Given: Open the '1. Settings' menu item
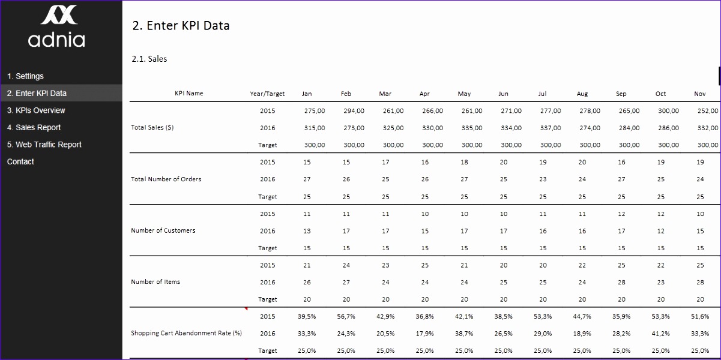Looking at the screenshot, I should pyautogui.click(x=25, y=76).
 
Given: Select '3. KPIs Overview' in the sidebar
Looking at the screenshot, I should pyautogui.click(x=36, y=110).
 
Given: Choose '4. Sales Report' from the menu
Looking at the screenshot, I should pyautogui.click(x=34, y=127).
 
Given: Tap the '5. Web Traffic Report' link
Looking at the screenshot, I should pyautogui.click(x=44, y=145).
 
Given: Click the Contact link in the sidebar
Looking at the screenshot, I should pyautogui.click(x=20, y=161).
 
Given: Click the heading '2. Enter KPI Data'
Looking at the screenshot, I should pyautogui.click(x=181, y=26).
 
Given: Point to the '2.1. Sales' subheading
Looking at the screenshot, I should pyautogui.click(x=149, y=59).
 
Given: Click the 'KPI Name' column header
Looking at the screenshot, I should pyautogui.click(x=189, y=94).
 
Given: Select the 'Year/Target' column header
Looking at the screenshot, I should pyautogui.click(x=267, y=94).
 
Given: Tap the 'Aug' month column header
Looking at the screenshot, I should pyautogui.click(x=582, y=94).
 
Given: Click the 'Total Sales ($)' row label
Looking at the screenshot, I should pyautogui.click(x=152, y=128).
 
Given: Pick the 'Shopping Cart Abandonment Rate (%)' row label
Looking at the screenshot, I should pyautogui.click(x=186, y=333).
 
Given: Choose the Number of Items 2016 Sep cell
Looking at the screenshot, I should pyautogui.click(x=621, y=282).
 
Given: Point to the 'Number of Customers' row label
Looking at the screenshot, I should pyautogui.click(x=163, y=230).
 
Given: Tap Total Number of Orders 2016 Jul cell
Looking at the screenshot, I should pyautogui.click(x=543, y=179).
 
